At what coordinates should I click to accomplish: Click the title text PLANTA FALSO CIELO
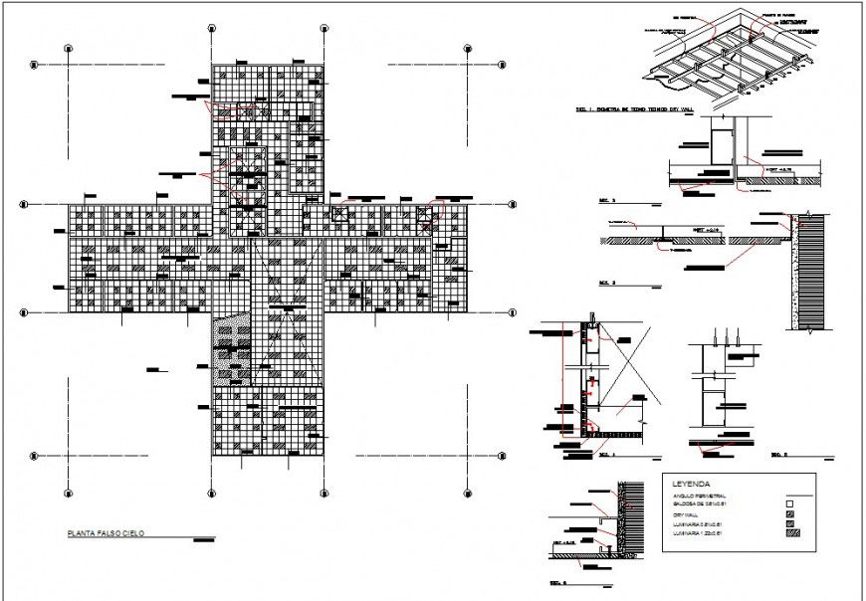(105, 535)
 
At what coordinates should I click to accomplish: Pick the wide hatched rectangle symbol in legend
(792, 534)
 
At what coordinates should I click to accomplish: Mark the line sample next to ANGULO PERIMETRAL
(792, 496)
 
